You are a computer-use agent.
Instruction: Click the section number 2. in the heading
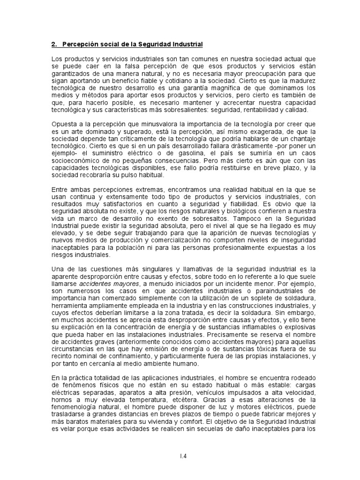[53, 45]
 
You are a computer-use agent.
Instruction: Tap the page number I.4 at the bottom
[180, 455]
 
